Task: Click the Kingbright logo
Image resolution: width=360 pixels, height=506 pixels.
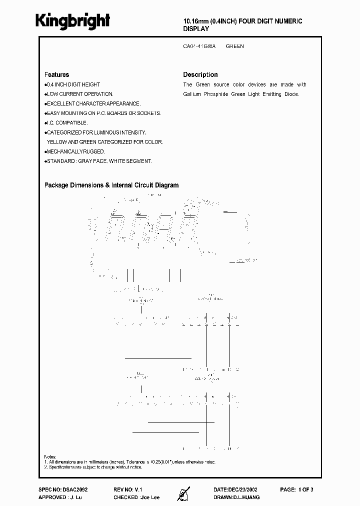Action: tap(72, 20)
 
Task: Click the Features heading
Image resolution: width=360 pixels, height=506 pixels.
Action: tap(56, 74)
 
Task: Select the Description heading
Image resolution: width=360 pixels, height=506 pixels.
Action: tap(200, 74)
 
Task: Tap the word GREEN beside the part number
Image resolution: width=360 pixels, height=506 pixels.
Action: tap(234, 46)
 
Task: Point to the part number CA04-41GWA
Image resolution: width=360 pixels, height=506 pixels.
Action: tap(199, 46)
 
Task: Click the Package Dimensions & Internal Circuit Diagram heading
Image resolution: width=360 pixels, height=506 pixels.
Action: tap(111, 185)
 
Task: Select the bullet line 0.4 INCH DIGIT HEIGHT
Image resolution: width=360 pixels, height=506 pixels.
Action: tap(73, 85)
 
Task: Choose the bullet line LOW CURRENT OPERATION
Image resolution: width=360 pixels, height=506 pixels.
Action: tap(80, 94)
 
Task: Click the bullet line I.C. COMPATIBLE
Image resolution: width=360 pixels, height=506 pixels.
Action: tap(67, 122)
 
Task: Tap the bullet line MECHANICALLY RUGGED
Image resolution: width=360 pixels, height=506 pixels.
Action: tap(75, 151)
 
